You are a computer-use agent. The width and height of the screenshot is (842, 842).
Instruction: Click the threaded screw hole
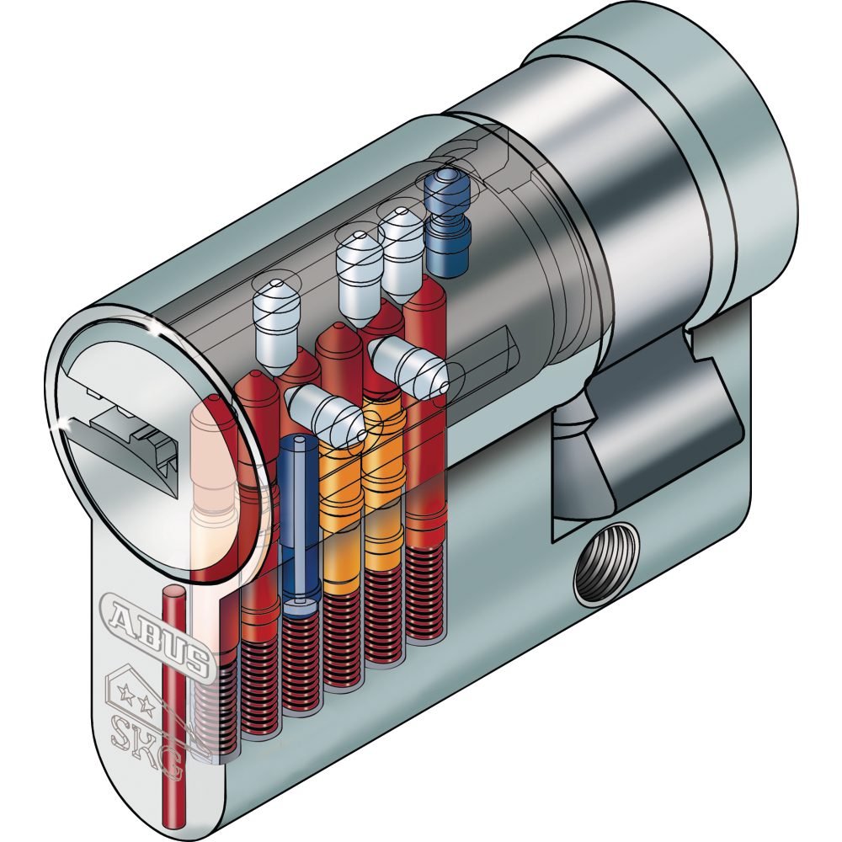point(606,562)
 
